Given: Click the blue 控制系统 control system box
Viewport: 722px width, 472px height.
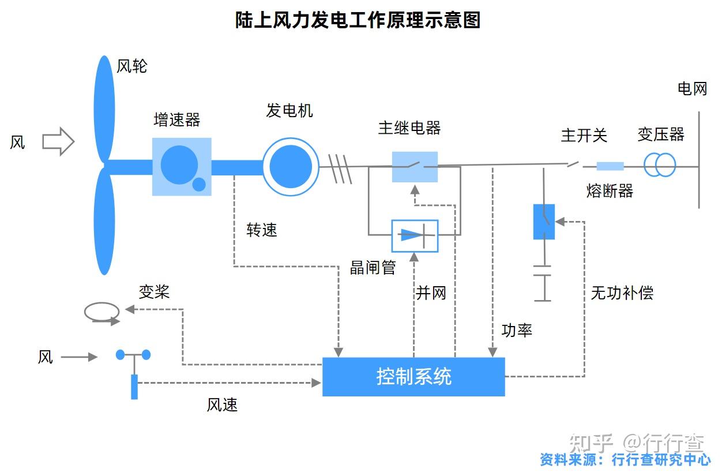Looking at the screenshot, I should click(x=413, y=377).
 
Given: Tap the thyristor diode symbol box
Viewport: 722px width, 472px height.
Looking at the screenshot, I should click(x=415, y=235).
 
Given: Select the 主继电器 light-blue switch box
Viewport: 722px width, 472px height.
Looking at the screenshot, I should click(x=415, y=167).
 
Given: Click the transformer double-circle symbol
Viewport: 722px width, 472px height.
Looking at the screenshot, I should click(x=659, y=165).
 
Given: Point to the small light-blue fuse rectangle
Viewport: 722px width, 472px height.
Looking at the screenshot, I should click(x=610, y=166).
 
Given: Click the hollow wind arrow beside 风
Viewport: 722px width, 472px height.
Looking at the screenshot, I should click(x=58, y=141).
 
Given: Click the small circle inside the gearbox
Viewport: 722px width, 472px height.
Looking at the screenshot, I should click(x=198, y=185).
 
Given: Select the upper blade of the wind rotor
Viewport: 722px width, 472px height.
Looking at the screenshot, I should click(x=104, y=107).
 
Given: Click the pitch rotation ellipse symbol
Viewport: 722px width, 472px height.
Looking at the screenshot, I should click(x=102, y=312).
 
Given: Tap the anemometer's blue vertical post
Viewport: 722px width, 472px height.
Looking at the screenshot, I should click(x=134, y=387).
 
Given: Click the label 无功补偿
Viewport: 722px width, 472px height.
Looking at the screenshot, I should click(x=622, y=293).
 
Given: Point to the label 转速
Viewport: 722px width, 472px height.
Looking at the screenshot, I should click(x=262, y=230).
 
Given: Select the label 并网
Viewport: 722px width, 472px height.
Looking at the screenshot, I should click(x=431, y=293).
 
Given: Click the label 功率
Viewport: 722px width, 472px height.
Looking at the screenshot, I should click(x=516, y=330).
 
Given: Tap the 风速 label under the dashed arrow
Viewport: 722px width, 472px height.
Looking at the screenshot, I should click(x=222, y=404).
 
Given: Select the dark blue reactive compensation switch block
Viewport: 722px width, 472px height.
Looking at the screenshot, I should click(x=543, y=222).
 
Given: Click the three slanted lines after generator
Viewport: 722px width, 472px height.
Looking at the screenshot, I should click(x=340, y=168).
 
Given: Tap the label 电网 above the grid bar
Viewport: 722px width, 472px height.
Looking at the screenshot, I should click(x=691, y=89).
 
